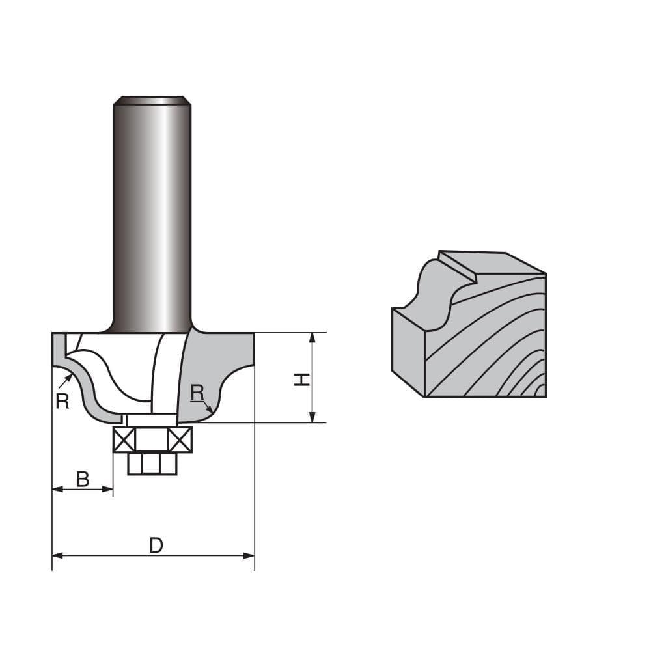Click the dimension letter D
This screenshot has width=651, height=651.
click(x=156, y=545)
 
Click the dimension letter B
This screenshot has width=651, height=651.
click(x=83, y=479)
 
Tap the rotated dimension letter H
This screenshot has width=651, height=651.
click(x=301, y=380)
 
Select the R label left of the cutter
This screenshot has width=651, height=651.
click(x=62, y=401)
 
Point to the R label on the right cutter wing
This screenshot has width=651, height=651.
click(x=197, y=393)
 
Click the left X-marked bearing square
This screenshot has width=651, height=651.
click(x=124, y=440)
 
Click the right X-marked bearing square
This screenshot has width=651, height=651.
click(x=180, y=440)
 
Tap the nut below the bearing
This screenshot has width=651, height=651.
click(x=152, y=464)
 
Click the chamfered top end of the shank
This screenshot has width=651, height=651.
click(x=152, y=100)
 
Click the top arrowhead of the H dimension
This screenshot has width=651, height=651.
click(x=312, y=338)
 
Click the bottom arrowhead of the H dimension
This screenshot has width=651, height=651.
click(x=312, y=417)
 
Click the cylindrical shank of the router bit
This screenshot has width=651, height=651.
click(x=152, y=215)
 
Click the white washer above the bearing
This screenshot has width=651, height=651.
click(x=152, y=420)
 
